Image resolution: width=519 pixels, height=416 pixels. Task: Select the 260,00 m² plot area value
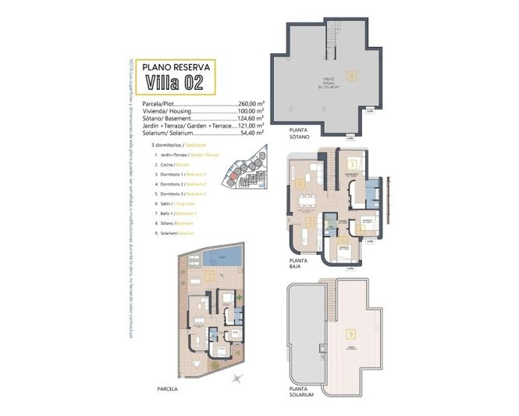click(x=251, y=103)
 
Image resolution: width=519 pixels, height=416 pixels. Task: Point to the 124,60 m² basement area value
click(x=251, y=117)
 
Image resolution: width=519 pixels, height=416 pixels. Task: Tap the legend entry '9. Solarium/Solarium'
click(x=172, y=233)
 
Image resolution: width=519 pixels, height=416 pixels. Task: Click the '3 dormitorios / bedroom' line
click(x=180, y=145)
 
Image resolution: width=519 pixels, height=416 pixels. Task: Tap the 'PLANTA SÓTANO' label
click(x=300, y=132)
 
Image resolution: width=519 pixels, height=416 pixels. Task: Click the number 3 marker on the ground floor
click(x=353, y=164)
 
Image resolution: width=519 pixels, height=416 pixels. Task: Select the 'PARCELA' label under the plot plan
click(x=167, y=389)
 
